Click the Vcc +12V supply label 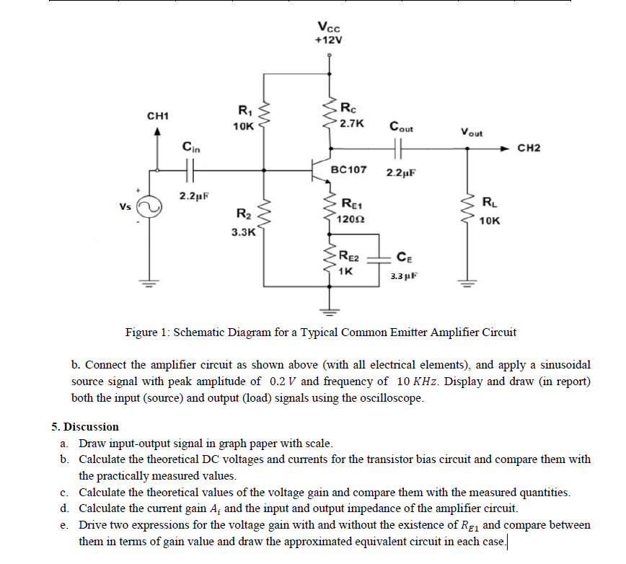tap(330, 33)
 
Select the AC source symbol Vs tap(151, 208)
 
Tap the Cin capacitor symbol tap(189, 170)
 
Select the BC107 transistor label tap(348, 170)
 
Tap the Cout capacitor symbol tap(399, 149)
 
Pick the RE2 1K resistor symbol tap(331, 260)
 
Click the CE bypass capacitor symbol tap(379, 261)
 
